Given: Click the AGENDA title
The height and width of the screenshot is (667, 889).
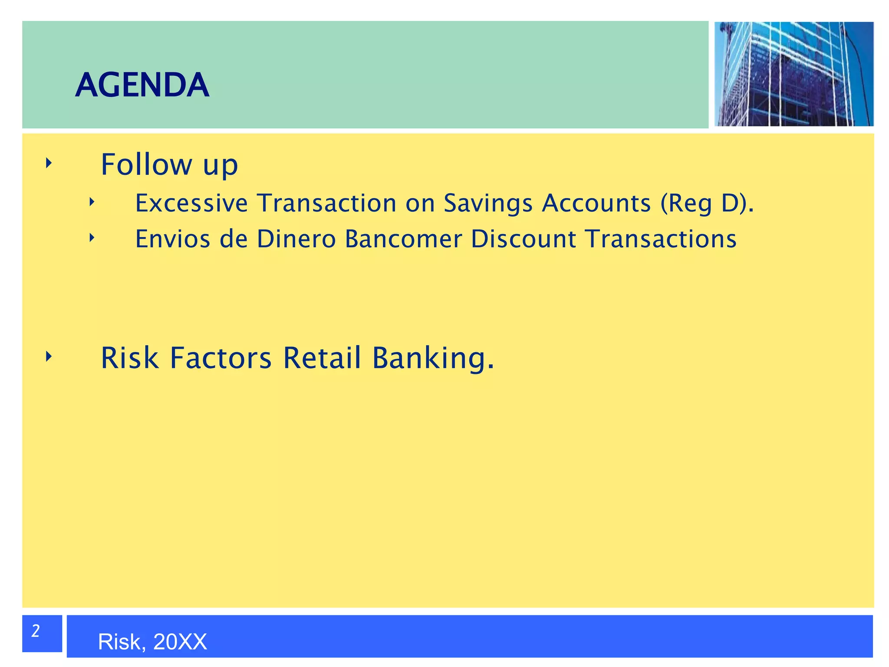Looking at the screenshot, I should point(142,85).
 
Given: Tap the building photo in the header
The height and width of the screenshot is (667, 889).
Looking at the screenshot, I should point(794,74).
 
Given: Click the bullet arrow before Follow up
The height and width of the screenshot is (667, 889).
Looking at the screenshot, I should point(49,163).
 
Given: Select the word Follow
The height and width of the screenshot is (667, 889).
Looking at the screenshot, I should point(146,165).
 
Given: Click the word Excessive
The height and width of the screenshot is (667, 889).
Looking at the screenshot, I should point(191,203).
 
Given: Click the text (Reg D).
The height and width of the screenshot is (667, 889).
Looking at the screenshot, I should point(707,203).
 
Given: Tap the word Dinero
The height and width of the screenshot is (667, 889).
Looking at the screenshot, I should point(296,239).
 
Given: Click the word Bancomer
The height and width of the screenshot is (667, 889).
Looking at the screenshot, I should point(403,239).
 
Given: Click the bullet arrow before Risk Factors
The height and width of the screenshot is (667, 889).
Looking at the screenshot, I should point(49,357).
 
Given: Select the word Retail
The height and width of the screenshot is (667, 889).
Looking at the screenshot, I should point(322,358).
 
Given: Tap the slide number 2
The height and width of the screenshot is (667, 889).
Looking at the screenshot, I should point(36,631).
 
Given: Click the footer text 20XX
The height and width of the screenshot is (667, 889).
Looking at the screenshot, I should point(180,642).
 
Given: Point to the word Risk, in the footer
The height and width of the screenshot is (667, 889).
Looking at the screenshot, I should point(122,642).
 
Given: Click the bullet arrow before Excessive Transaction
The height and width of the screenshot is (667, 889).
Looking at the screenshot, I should point(92,202).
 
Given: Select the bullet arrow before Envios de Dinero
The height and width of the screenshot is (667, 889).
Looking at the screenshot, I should point(92,238).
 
